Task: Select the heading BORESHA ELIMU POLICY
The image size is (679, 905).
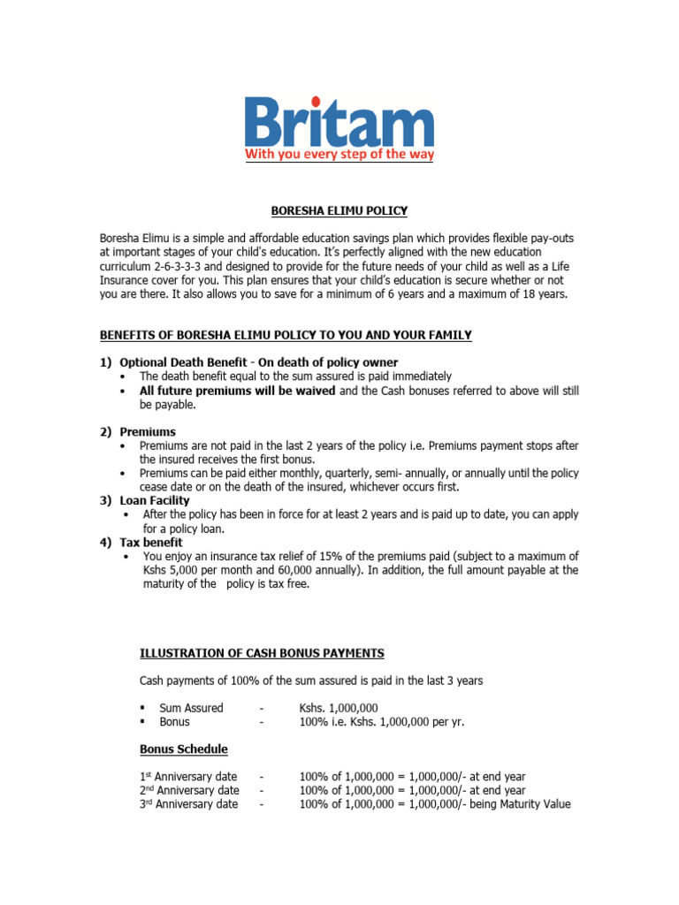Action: coord(339,211)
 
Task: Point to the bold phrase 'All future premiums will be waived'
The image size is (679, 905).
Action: coord(237,391)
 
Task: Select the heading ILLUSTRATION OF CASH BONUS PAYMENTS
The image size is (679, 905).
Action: coord(263,653)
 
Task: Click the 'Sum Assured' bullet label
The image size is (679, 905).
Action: coord(191,708)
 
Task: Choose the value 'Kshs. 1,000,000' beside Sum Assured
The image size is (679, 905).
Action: coord(339,708)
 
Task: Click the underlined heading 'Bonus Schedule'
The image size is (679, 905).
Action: coord(183,749)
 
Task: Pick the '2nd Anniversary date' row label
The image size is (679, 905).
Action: coord(189,790)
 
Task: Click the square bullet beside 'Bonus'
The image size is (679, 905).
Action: coord(142,722)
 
